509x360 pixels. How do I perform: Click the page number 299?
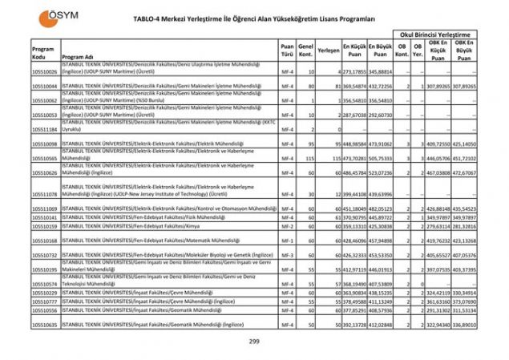tap(254, 342)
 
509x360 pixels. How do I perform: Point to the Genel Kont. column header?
tap(305, 49)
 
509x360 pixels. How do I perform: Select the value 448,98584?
tap(355, 144)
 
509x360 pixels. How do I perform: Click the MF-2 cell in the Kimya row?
tap(286, 226)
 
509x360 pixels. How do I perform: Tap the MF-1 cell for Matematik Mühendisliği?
tap(286, 240)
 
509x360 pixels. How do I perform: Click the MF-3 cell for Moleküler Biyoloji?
tap(286, 254)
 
